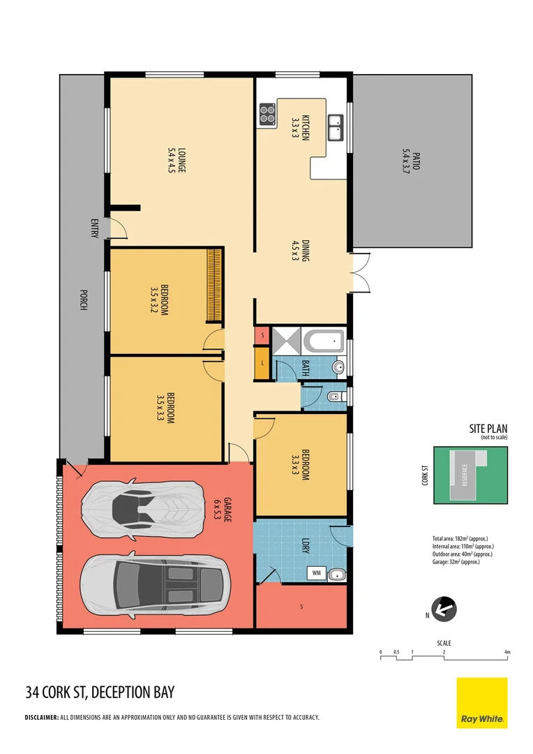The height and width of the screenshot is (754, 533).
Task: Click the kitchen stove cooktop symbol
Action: coord(267,114)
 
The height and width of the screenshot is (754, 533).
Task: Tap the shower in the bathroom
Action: coord(286,341)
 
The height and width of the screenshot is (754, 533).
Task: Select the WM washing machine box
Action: coord(316,573)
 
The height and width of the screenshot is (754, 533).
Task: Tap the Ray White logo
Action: coord(482,702)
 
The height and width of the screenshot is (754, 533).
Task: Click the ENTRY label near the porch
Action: coord(94,229)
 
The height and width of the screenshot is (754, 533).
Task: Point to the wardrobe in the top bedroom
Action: coord(214,285)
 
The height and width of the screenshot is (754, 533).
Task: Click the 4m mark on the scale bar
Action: coord(508,652)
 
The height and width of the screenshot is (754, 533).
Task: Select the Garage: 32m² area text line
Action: coord(461,562)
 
